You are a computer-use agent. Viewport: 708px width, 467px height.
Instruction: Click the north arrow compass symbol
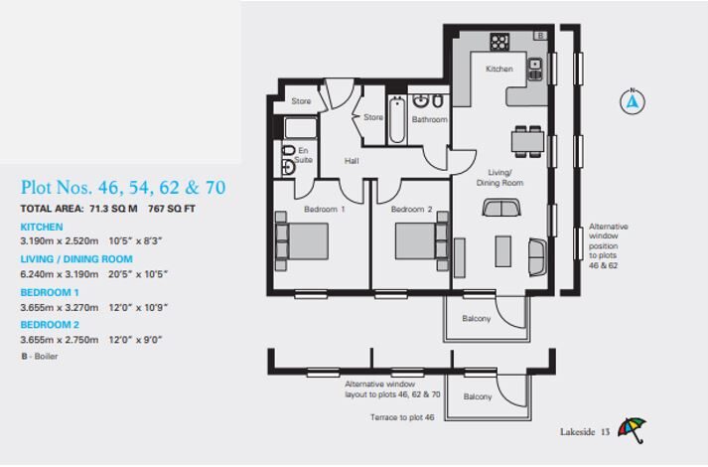pos(633,101)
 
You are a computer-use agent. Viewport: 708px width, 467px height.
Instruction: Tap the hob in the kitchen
pos(499,42)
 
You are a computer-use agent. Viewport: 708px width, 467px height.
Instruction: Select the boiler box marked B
pos(540,35)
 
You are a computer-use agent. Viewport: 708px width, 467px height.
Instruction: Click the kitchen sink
pos(535,70)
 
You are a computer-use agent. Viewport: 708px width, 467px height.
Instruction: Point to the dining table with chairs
pos(527,141)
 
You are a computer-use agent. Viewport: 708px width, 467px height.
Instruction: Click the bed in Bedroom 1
pos(302,241)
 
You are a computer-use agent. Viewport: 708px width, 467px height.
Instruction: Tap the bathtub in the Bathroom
pos(397,119)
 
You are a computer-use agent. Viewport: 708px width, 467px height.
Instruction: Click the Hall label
pos(352,161)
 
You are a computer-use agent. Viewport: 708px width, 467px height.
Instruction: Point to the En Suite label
pos(303,155)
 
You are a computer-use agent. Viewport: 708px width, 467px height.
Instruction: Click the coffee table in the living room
pos(503,251)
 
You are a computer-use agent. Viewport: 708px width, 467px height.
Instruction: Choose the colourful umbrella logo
pos(632,429)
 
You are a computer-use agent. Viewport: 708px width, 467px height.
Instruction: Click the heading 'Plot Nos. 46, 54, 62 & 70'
pos(123,188)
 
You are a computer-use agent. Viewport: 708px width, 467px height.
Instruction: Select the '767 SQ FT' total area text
pos(172,209)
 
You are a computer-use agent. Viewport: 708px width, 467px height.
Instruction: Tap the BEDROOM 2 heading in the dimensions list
pos(50,325)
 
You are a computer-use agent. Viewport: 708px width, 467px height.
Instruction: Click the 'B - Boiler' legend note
pos(40,357)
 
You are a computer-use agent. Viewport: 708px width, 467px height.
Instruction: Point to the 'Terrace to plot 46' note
pos(402,417)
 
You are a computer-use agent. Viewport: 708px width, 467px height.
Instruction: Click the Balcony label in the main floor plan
pos(477,318)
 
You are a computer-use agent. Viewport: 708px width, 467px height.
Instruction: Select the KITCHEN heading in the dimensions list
pos(42,227)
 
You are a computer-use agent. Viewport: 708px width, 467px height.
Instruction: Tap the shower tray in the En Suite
pos(301,128)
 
